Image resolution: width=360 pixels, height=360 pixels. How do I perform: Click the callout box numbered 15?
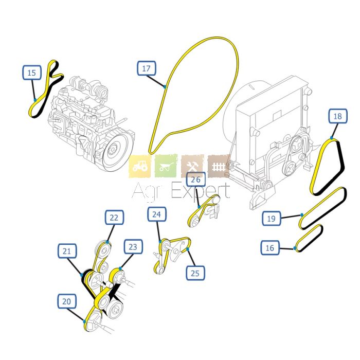(x=32, y=73)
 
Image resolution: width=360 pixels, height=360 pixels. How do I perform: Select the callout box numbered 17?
(x=147, y=68)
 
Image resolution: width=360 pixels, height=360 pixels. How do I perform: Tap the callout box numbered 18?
(x=338, y=116)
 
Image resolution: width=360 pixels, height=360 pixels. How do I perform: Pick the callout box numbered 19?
(x=272, y=219)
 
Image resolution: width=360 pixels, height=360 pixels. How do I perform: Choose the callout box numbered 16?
(x=270, y=247)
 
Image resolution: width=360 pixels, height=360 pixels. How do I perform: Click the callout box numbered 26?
(x=196, y=179)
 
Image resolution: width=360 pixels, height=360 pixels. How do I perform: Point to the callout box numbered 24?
(x=157, y=214)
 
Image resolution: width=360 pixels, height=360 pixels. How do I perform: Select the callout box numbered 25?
(x=195, y=273)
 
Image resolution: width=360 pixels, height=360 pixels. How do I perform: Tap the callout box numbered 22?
(x=114, y=218)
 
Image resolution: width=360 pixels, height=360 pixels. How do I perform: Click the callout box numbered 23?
(x=133, y=247)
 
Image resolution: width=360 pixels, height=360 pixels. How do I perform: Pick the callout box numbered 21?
(x=67, y=251)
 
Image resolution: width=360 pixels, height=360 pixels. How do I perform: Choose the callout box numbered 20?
(x=67, y=301)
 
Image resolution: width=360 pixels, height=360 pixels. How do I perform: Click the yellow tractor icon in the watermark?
(x=140, y=166)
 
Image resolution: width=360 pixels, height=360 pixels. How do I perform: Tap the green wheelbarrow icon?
(x=166, y=166)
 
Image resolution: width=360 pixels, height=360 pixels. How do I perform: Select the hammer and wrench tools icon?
(x=193, y=166)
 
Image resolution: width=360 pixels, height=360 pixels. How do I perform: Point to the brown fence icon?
(x=219, y=166)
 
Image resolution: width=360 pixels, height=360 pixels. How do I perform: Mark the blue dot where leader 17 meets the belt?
(x=165, y=87)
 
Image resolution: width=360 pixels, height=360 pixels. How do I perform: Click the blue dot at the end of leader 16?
(x=295, y=248)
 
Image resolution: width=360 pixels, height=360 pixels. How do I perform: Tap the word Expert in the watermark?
(x=201, y=191)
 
